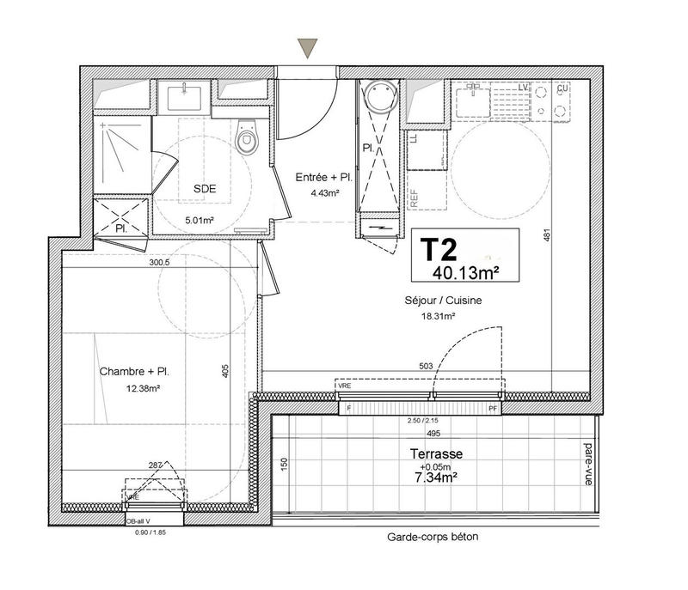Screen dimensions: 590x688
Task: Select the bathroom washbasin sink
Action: tap(182, 96)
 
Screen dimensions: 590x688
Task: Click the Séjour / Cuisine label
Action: tap(443, 301)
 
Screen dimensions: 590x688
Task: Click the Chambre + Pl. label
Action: tap(133, 372)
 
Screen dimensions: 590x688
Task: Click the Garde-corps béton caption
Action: tap(433, 538)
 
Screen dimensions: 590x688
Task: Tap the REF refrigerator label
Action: tap(413, 197)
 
